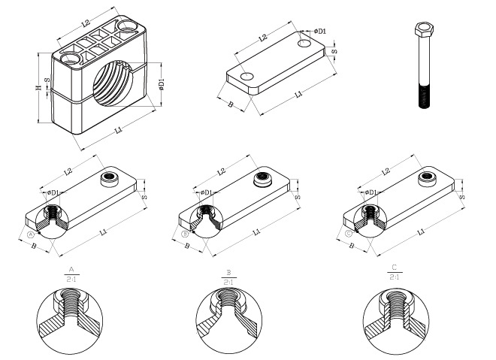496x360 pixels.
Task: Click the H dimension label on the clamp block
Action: [38, 88]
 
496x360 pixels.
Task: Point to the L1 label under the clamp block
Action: [118, 131]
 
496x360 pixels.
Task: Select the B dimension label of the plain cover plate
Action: [231, 105]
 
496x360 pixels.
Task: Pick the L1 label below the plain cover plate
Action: [298, 95]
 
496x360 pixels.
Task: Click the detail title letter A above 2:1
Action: [71, 268]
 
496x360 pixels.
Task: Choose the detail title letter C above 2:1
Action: [392, 268]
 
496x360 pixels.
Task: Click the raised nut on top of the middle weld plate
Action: [264, 178]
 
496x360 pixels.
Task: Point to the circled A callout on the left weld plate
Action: [31, 234]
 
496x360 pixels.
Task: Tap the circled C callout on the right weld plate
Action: [348, 234]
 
